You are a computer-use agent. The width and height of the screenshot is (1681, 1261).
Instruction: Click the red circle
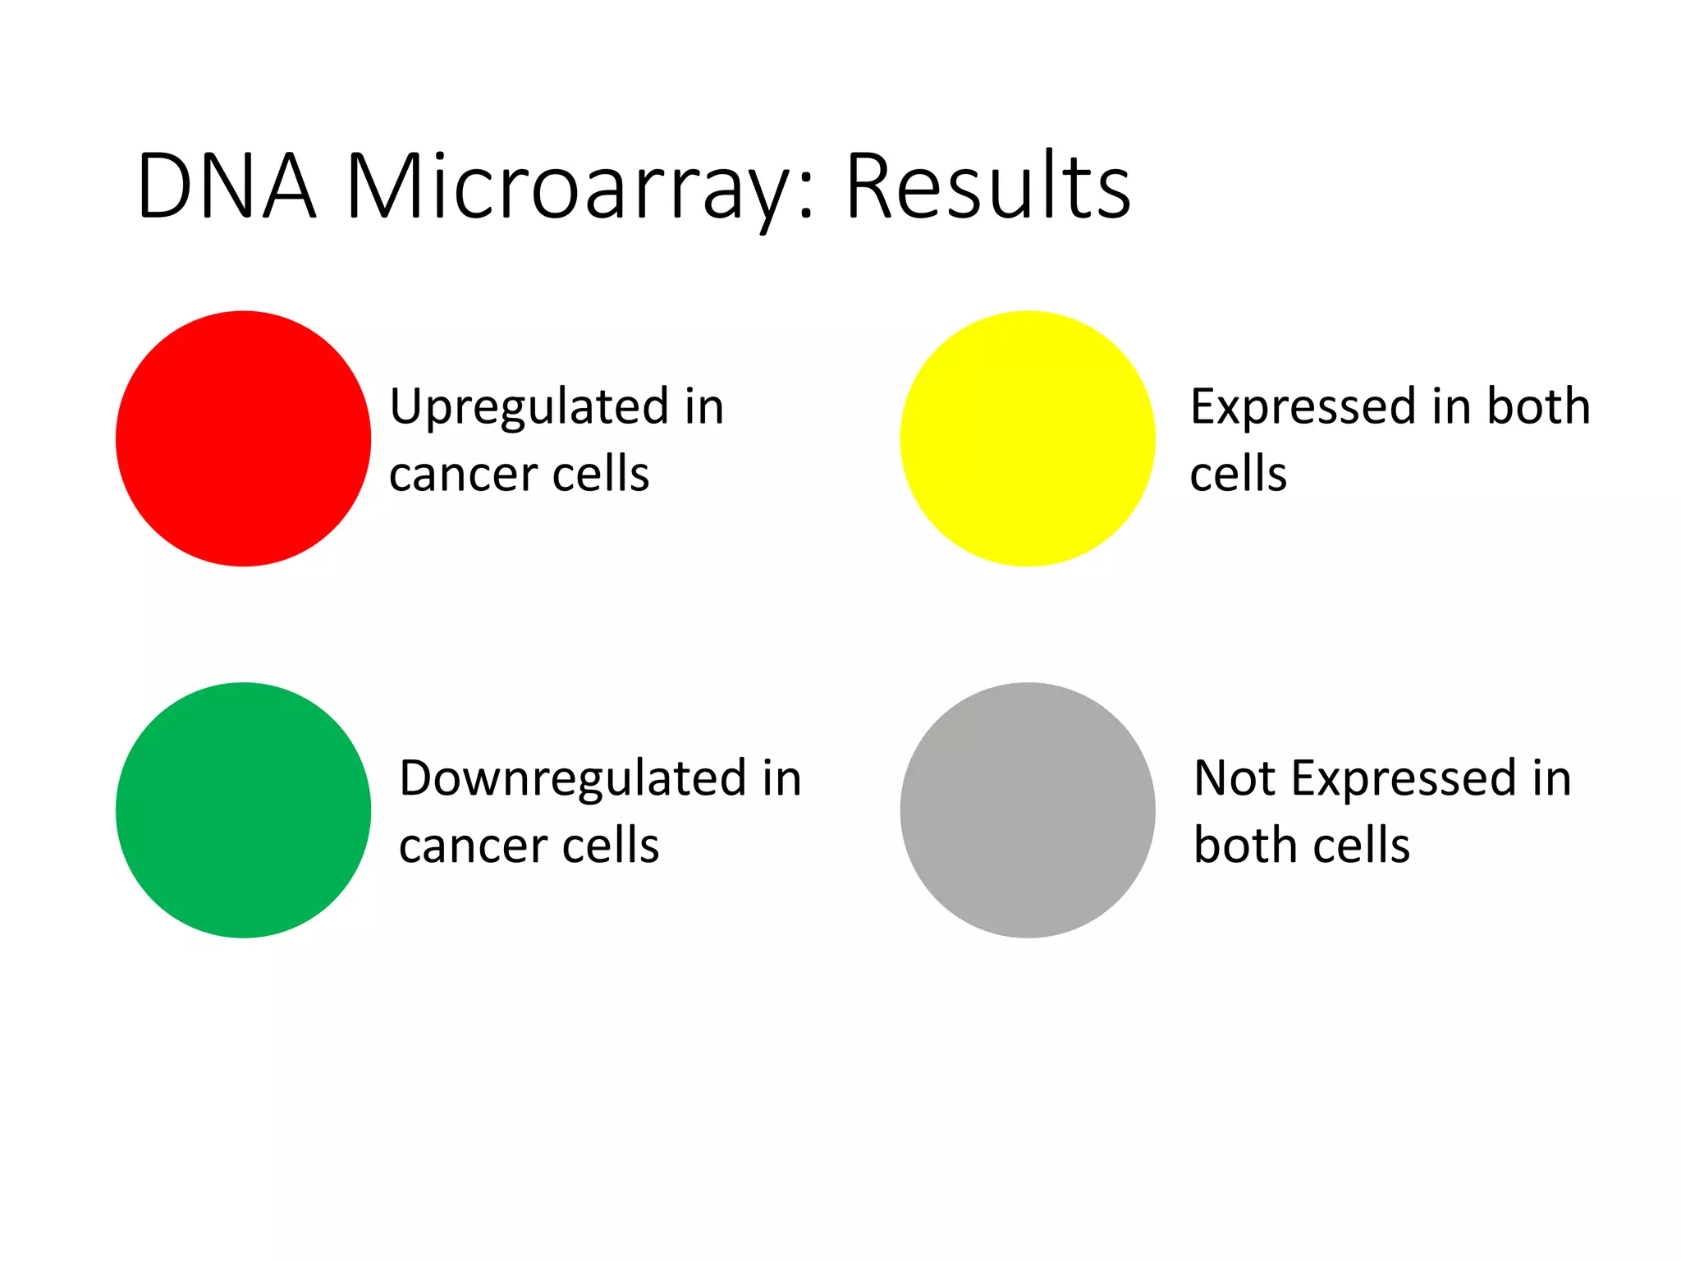[243, 438]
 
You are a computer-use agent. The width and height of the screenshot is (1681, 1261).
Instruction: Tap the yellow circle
[1027, 438]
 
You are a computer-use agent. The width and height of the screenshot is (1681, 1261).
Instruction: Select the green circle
[243, 809]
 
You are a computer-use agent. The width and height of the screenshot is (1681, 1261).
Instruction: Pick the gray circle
[1027, 809]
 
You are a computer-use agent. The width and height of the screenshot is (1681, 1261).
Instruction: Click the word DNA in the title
[227, 187]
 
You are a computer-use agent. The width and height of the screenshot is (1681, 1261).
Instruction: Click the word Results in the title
[987, 187]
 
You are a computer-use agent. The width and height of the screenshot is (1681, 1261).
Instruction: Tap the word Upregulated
[529, 407]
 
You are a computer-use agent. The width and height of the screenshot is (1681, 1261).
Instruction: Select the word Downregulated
[572, 778]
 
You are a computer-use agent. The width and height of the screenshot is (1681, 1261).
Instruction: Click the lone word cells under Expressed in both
[1238, 475]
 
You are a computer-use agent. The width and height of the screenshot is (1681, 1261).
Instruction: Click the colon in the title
[806, 197]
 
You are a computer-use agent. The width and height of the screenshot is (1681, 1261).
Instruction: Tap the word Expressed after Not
[1404, 778]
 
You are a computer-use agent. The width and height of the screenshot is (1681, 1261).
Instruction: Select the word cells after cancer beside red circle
[601, 475]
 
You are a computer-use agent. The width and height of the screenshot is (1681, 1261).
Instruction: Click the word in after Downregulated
[781, 778]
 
